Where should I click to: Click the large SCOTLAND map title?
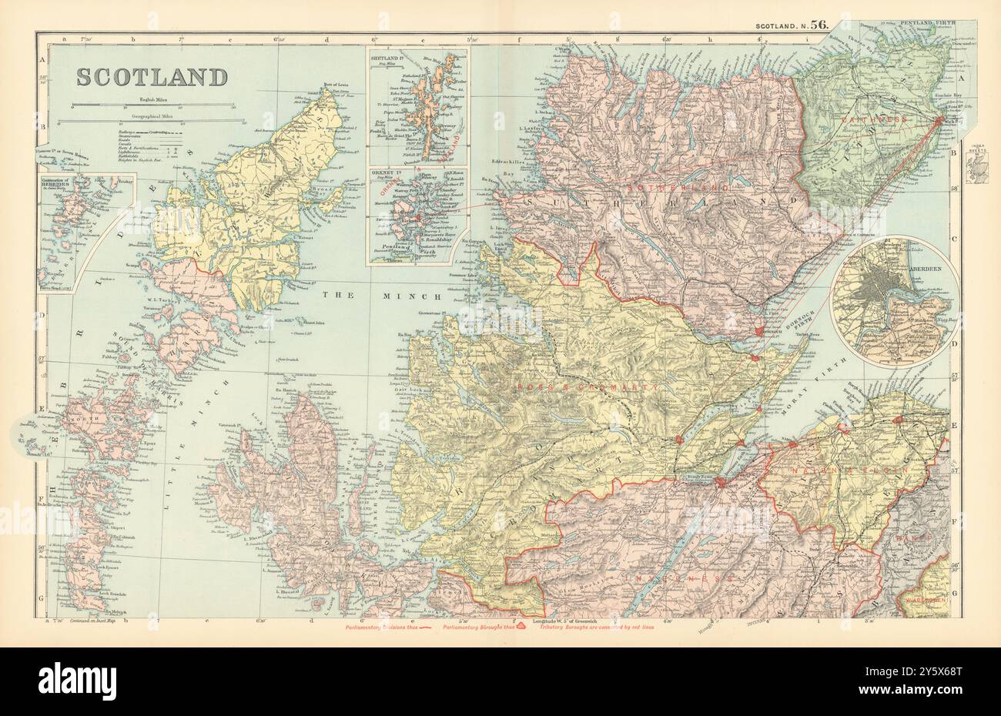152,78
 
